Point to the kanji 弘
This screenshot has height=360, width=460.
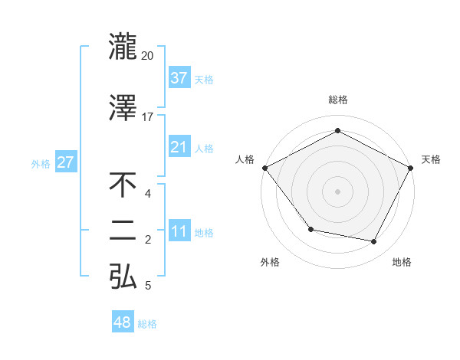pyautogui.click(x=123, y=277)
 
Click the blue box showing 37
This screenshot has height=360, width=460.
pyautogui.click(x=179, y=77)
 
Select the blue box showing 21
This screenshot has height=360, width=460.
pyautogui.click(x=179, y=147)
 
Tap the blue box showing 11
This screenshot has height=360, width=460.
pyautogui.click(x=179, y=231)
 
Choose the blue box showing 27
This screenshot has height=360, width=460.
pyautogui.click(x=65, y=162)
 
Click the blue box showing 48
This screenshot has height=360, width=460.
pyautogui.click(x=123, y=322)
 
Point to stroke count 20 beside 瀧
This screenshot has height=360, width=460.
pyautogui.click(x=147, y=55)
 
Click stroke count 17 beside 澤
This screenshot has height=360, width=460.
pyautogui.click(x=147, y=116)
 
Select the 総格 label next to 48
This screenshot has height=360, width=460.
pyautogui.click(x=147, y=324)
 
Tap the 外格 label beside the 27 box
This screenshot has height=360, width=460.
pyautogui.click(x=41, y=163)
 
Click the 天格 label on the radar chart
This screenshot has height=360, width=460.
pyautogui.click(x=431, y=159)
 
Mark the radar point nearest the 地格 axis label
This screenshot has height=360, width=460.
pyautogui.click(x=374, y=242)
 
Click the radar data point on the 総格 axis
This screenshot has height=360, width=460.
pyautogui.click(x=337, y=130)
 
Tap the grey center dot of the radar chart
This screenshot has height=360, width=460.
pyautogui.click(x=337, y=191)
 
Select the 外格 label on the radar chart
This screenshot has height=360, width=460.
pyautogui.click(x=270, y=262)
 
